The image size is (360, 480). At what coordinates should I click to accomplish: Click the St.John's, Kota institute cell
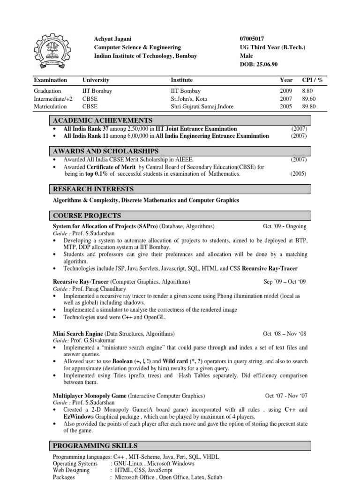click(189, 99)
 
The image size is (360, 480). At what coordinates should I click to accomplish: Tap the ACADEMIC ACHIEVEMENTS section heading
click(103, 120)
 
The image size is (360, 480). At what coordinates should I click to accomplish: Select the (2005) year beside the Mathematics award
click(298, 174)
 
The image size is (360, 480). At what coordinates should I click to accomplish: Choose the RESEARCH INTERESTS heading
click(93, 189)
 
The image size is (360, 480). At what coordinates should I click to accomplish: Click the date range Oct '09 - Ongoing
click(285, 226)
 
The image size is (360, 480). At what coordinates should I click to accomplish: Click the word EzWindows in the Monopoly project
click(69, 417)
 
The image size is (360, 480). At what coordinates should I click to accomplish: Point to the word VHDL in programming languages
click(211, 457)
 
